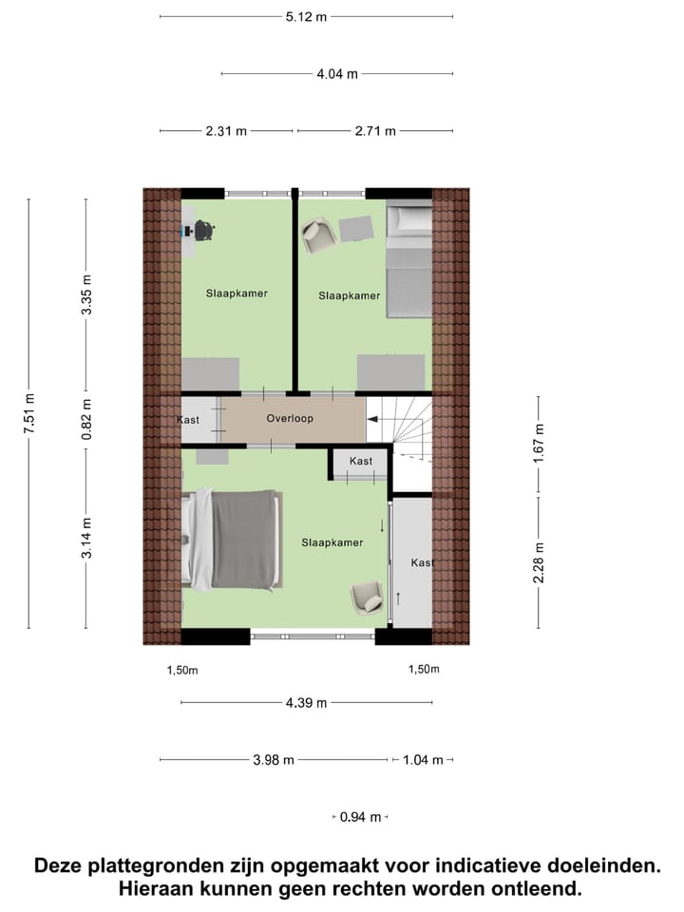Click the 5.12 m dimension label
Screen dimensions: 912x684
point(307,16)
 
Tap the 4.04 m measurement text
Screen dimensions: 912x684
point(337,73)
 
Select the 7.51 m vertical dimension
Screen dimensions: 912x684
point(28,414)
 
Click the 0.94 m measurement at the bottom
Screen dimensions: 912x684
point(361,817)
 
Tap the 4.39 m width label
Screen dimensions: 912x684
point(306,703)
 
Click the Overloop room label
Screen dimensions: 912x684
point(290,418)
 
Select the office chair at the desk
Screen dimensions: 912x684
point(203,231)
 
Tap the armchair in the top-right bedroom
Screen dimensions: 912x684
point(318,234)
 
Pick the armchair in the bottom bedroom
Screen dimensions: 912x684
point(367,598)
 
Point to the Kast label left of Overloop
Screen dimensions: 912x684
point(188,420)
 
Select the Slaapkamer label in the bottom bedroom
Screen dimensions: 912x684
point(332,542)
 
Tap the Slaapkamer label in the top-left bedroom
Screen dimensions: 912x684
point(237,294)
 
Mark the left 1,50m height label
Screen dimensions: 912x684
point(182,670)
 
